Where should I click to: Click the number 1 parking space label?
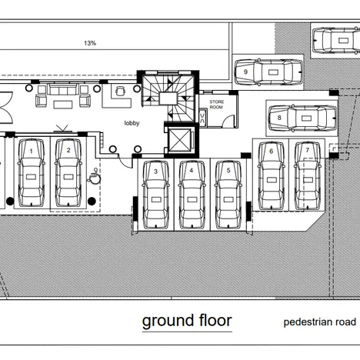pos(32,152)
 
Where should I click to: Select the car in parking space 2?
pos(68,172)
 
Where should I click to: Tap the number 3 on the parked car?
pos(155,172)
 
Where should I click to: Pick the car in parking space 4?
pos(192,195)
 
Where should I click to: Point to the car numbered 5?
pos(228,195)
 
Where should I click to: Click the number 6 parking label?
pos(272,152)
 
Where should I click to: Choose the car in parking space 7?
pos(308,175)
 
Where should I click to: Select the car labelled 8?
pos(302,118)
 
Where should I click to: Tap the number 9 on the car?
pos(245,72)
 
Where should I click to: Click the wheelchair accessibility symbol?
pos(95,176)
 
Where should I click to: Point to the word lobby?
pos(132,123)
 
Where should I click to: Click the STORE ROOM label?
pos(217,105)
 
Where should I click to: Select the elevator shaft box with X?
pos(180,140)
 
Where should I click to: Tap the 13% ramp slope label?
pos(90,43)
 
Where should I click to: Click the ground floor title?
pos(187,321)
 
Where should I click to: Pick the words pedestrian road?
pos(320,322)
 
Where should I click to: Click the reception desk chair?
pos(121,91)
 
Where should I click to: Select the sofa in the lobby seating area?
pos(63,90)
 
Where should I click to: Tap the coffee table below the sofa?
pos(63,105)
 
